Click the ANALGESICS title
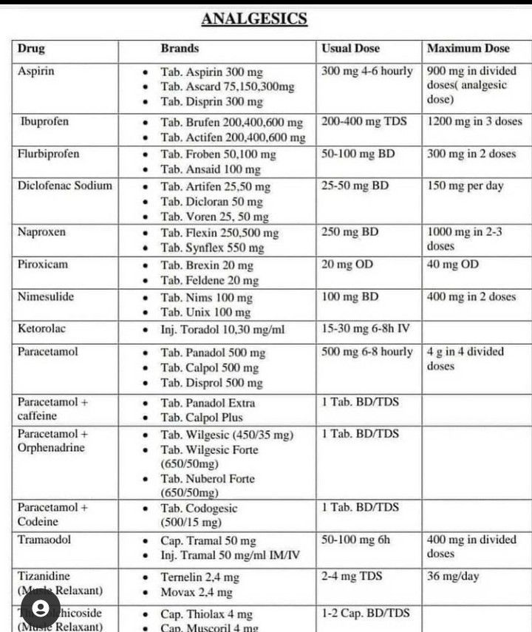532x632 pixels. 254,19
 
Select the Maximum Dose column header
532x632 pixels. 468,49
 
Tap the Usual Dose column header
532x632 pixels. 350,49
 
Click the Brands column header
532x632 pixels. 180,49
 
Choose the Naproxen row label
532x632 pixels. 41,232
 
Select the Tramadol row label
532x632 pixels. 44,540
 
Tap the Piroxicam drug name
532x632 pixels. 42,264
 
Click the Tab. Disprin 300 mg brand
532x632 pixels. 211,102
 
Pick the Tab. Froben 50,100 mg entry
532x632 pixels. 218,154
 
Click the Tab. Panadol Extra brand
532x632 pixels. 208,403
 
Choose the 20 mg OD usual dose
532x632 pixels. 347,264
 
